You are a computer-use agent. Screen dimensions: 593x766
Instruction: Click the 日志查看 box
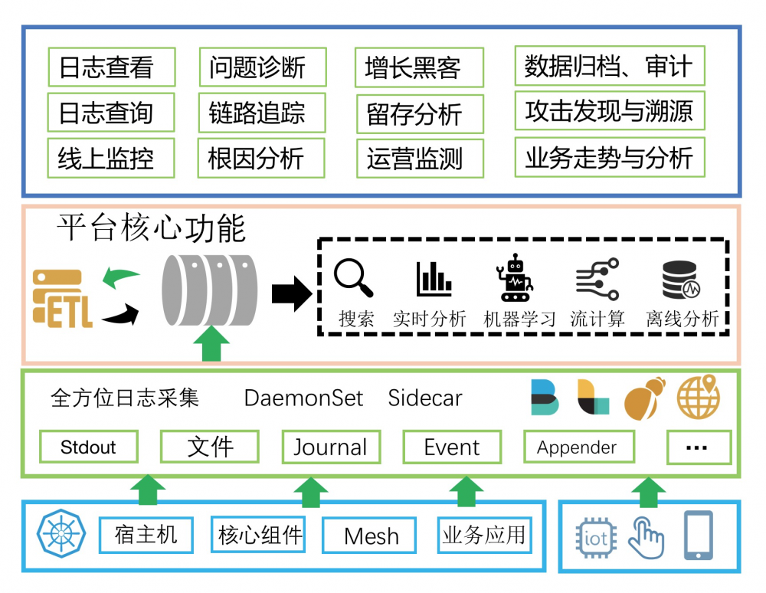point(112,67)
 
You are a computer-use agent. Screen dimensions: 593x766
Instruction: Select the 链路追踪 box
point(261,113)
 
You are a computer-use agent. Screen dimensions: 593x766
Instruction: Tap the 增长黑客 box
point(419,68)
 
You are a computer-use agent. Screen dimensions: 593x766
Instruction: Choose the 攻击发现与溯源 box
point(609,112)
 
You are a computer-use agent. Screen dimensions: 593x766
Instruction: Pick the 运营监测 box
point(419,159)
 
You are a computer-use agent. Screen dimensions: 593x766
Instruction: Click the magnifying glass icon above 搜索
point(354,278)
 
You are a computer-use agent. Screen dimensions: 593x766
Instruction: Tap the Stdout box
point(88,447)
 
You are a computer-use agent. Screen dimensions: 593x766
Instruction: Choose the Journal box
point(331,447)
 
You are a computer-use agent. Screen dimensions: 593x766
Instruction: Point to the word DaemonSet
point(303,398)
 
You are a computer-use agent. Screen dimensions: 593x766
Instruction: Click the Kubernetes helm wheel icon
point(57,533)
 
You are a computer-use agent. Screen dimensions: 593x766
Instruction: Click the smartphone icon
point(698,534)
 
